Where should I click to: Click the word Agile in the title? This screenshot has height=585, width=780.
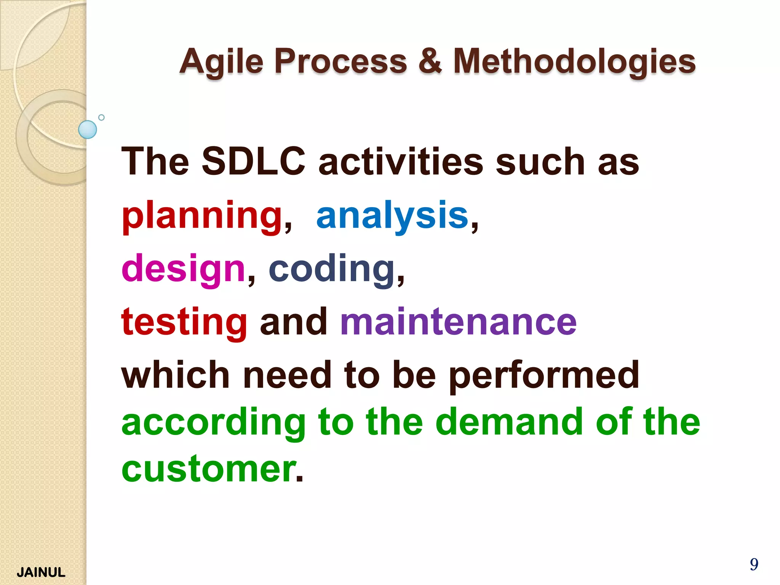[x=221, y=62]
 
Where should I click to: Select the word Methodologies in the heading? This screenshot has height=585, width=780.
[x=574, y=62]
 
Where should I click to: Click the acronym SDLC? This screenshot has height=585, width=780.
[x=253, y=162]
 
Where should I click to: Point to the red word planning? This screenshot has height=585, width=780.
[x=202, y=216]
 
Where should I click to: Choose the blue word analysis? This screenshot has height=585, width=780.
[x=392, y=216]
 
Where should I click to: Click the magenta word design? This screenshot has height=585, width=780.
[x=183, y=269]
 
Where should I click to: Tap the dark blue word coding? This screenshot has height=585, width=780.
[x=332, y=269]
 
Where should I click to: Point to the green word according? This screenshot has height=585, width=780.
[x=214, y=423]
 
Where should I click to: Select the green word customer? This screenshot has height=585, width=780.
[x=209, y=469]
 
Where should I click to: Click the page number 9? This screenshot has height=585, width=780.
[x=754, y=564]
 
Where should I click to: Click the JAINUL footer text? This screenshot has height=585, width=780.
[x=41, y=572]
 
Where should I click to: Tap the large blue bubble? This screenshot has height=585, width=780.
[x=88, y=129]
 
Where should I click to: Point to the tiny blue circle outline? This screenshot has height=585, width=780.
[x=101, y=117]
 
